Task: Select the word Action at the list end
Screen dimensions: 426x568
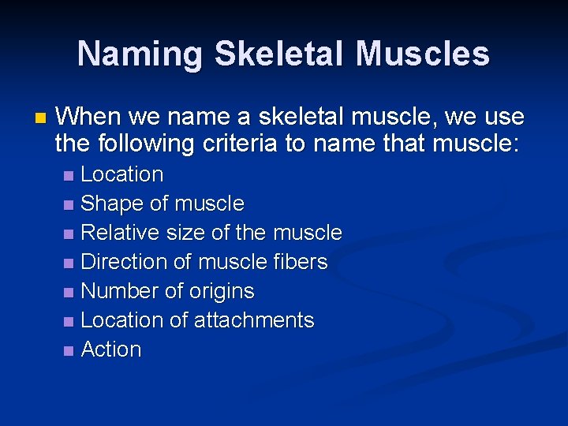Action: (111, 349)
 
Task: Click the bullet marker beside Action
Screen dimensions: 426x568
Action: (69, 350)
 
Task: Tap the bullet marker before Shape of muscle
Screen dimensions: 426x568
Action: (69, 204)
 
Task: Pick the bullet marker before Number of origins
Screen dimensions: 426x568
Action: (69, 292)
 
